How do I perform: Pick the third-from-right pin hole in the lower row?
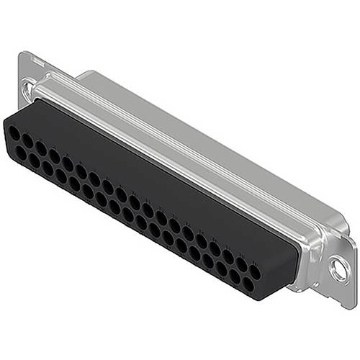(x=221, y=271)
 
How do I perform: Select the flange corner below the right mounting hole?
(x=338, y=292)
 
